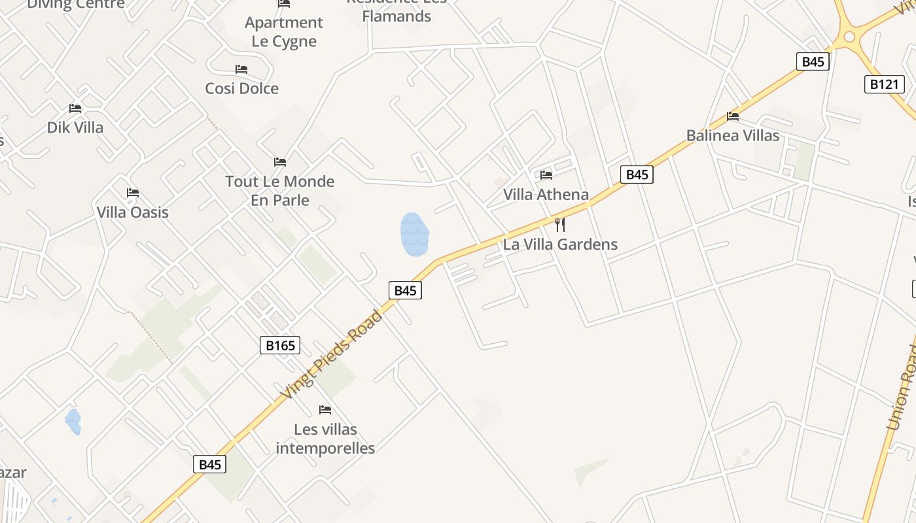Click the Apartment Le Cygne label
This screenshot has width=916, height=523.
tap(284, 32)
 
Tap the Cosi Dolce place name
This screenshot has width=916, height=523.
tap(242, 88)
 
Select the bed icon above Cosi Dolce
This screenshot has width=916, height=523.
tap(241, 69)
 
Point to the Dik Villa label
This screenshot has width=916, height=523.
tap(75, 127)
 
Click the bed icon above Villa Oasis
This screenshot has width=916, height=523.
tap(133, 193)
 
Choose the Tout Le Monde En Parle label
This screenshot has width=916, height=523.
tap(280, 190)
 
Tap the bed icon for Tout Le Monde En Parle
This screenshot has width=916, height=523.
tap(280, 161)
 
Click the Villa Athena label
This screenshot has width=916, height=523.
tap(546, 194)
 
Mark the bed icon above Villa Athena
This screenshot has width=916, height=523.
tap(546, 175)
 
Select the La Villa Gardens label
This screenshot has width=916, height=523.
tap(560, 245)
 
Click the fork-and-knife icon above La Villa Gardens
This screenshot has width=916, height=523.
tap(560, 225)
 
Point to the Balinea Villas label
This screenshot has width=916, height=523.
tap(733, 135)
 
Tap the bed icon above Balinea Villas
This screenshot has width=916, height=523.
tap(733, 116)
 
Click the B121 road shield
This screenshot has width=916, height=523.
tap(884, 84)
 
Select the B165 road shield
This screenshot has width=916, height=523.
tap(280, 345)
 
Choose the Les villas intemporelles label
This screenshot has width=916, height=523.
tap(325, 439)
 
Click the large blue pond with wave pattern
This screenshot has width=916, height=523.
tap(414, 234)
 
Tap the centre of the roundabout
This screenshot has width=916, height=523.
tap(849, 37)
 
